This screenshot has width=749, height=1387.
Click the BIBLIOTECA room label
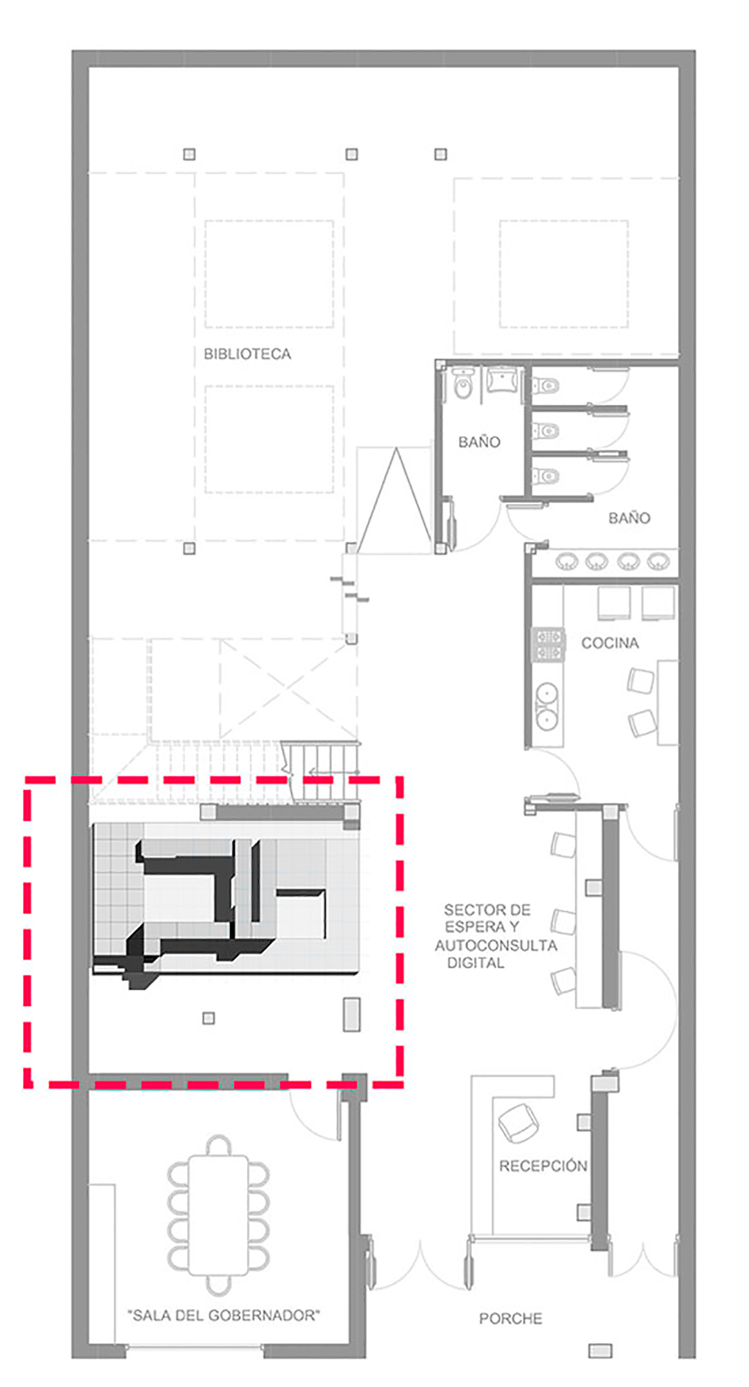[247, 354]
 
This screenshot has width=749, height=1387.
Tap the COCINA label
[610, 643]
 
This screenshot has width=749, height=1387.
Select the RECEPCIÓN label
[543, 1166]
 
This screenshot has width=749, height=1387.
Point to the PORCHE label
[511, 1319]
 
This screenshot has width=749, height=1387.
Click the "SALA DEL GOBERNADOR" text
[224, 1315]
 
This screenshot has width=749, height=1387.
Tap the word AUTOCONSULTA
[496, 945]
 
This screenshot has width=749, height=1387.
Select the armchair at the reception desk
[518, 1123]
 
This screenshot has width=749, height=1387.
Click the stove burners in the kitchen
[548, 644]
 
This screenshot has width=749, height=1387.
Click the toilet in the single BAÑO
[463, 385]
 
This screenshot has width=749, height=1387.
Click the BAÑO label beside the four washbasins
[629, 518]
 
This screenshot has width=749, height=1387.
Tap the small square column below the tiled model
[209, 1018]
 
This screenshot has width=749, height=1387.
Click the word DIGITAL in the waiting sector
[476, 963]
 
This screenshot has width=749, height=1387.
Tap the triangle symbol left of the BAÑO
[396, 500]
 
